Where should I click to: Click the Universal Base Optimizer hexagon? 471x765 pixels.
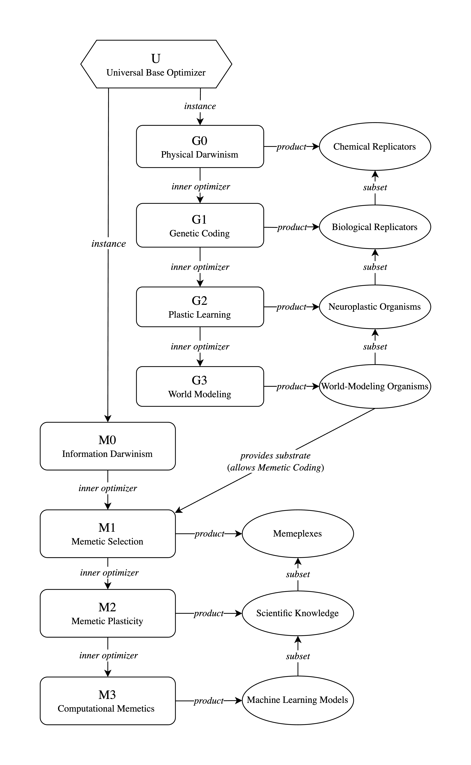tap(156, 64)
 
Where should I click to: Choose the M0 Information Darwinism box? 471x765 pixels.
tap(108, 446)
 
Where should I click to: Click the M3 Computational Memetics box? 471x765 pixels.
tap(108, 701)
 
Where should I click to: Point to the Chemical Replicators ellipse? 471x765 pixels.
tap(375, 146)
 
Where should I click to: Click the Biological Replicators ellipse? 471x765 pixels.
tap(375, 227)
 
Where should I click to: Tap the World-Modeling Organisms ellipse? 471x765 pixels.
tap(375, 386)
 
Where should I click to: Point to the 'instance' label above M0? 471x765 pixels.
tap(108, 244)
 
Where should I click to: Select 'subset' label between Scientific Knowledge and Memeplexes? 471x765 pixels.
tap(298, 574)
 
